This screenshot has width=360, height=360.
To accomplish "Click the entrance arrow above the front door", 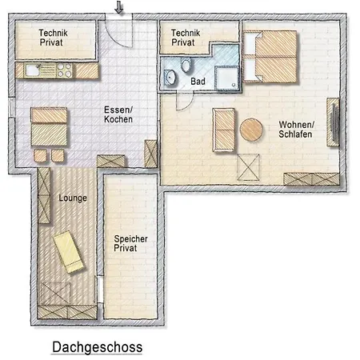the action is click(x=119, y=7).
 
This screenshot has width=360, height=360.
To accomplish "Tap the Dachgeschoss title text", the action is click(x=98, y=347).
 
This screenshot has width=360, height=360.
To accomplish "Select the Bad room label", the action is click(x=198, y=82).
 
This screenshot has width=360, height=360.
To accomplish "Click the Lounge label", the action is click(x=73, y=198).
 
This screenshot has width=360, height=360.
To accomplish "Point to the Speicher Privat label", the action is click(x=130, y=243).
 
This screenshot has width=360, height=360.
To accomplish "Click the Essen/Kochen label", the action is click(x=118, y=114).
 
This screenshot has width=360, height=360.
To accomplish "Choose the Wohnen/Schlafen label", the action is click(x=296, y=130).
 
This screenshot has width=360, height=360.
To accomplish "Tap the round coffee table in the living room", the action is click(x=251, y=130).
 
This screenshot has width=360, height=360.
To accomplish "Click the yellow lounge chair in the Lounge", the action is click(x=69, y=252).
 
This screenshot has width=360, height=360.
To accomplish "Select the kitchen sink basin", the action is click(x=33, y=70).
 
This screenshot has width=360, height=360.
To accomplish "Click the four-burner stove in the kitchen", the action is click(x=65, y=70).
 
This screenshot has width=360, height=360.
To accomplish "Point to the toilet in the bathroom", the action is click(x=186, y=66).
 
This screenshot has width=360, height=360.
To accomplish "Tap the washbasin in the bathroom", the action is click(x=170, y=77).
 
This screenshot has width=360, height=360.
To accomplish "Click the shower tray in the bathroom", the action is click(x=226, y=78).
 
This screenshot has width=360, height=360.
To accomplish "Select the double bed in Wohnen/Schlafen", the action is click(x=270, y=57).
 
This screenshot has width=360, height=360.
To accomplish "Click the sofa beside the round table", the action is click(x=224, y=130).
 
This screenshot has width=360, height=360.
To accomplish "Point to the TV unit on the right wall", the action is click(x=333, y=122).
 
